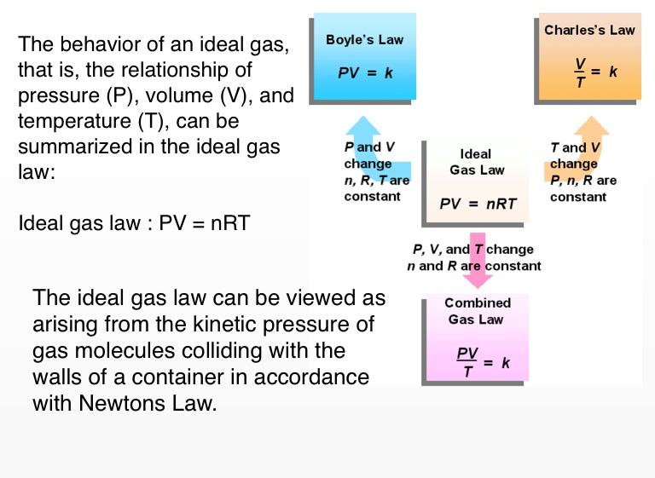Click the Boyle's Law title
(x=364, y=40)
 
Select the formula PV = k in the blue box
(x=365, y=72)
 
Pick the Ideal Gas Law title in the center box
(x=476, y=162)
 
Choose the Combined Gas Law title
(x=478, y=311)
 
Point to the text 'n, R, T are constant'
(x=376, y=188)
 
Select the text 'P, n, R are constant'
(x=583, y=188)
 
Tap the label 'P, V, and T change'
(x=473, y=250)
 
